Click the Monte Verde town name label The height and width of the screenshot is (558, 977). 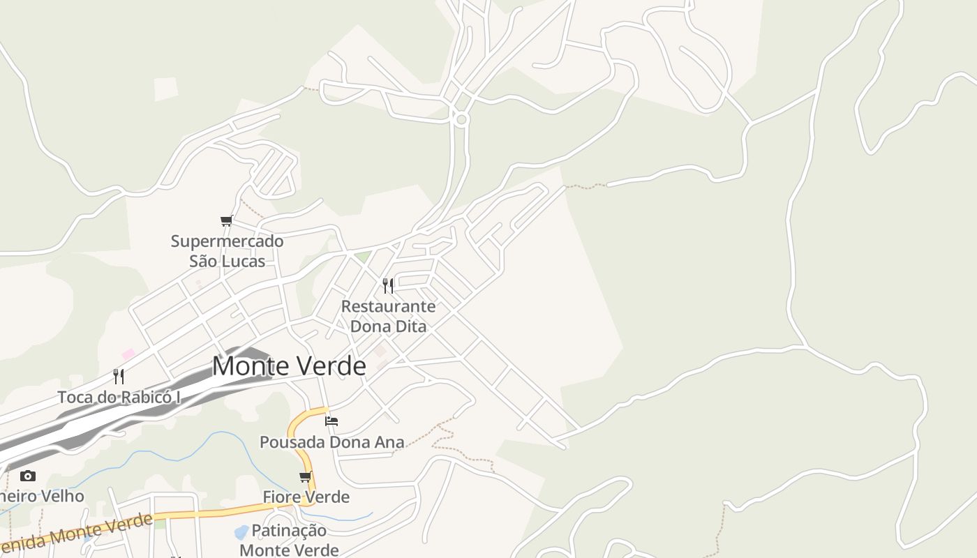(289, 366)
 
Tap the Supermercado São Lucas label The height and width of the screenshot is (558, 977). (228, 251)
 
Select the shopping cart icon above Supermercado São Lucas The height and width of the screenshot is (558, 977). (226, 221)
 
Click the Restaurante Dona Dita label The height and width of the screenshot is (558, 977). (388, 316)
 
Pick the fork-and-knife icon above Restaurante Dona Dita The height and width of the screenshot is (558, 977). (388, 285)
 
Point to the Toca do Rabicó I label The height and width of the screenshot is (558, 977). (119, 397)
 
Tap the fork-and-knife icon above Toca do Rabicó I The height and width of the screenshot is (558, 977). (119, 377)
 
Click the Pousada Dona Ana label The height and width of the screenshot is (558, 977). (332, 442)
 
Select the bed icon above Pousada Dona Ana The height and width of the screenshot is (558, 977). (331, 421)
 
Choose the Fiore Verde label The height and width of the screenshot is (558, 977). (306, 497)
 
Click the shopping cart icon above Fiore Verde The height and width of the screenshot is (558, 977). (305, 477)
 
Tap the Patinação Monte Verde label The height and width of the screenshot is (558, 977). (289, 540)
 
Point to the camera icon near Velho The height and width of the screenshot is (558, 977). (28, 476)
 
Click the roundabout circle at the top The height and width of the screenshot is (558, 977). (461, 120)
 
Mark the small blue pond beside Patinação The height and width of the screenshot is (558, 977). (241, 533)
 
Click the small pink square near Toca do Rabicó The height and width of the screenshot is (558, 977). (128, 354)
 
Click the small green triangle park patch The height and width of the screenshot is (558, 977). (362, 257)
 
